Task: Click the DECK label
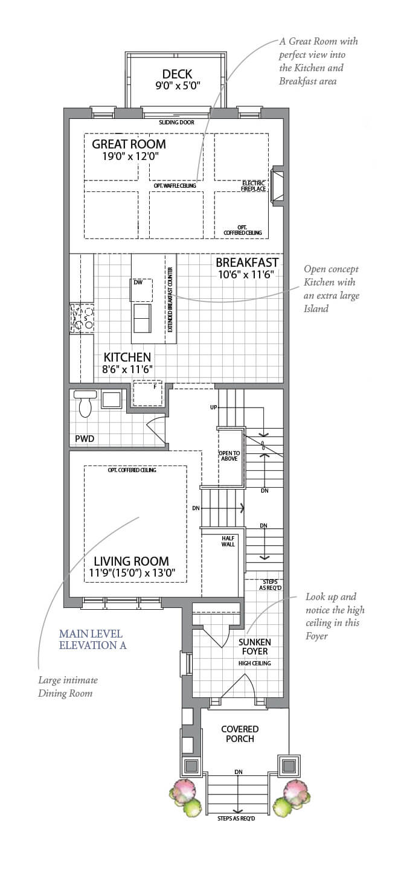point(177,74)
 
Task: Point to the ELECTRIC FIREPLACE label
point(254,186)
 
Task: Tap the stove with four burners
point(82,318)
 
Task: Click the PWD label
point(85,438)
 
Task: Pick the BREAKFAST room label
point(247,263)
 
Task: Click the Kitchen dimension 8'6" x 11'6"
point(127,369)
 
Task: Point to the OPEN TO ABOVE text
point(229,455)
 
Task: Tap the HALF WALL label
point(228,540)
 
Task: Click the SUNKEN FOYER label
point(254,647)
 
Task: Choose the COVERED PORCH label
point(240,734)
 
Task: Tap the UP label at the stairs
point(213,408)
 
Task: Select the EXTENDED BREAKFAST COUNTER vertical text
point(170,299)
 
